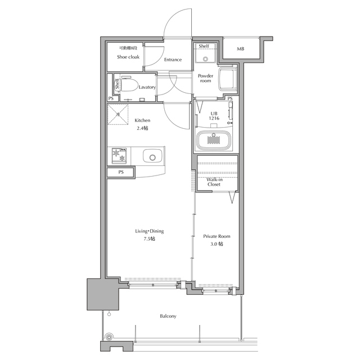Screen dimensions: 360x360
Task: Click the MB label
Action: tap(240, 49)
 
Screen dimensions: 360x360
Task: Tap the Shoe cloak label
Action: tap(128, 57)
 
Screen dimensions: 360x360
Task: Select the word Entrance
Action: tap(173, 60)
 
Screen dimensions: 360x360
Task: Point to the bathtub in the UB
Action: tap(214, 140)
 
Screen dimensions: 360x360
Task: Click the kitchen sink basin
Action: tap(152, 156)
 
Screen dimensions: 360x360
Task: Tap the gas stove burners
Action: tap(119, 155)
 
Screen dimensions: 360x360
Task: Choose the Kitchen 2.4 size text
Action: tap(142, 128)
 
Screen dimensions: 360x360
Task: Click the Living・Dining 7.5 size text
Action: tap(149, 238)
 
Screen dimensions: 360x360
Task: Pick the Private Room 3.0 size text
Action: tap(217, 244)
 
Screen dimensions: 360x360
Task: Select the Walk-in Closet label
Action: tap(214, 182)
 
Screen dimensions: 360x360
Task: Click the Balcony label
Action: tap(168, 316)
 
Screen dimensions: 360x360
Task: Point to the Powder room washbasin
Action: tap(227, 78)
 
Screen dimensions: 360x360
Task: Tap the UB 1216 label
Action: tap(214, 116)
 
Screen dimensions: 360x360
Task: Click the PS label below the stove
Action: tap(121, 172)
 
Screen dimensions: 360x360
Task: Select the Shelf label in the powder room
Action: tap(204, 46)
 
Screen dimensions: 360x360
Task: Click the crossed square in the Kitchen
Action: tap(118, 114)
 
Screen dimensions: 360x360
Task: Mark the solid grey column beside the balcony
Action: tap(103, 294)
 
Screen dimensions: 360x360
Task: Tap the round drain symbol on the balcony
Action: tap(109, 337)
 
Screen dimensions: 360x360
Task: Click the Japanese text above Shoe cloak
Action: tap(128, 48)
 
